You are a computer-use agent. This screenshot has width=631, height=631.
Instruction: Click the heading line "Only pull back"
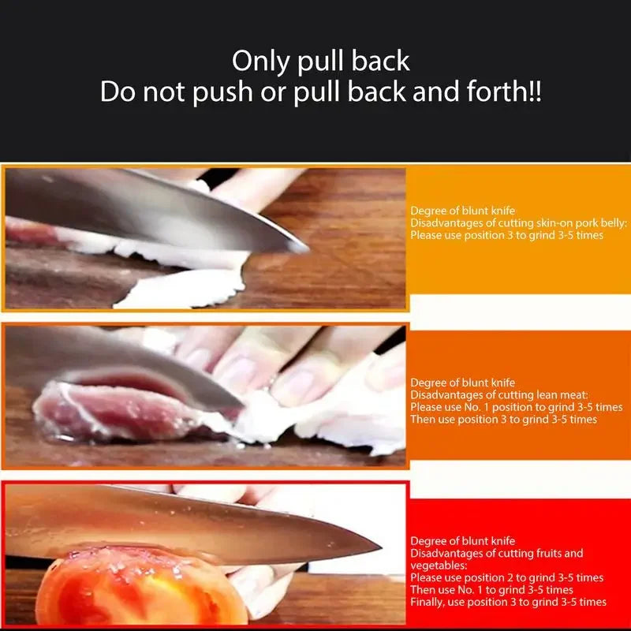(x=320, y=62)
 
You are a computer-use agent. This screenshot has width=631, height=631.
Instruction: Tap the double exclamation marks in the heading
(x=534, y=92)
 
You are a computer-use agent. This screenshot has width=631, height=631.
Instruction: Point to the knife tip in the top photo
(x=304, y=248)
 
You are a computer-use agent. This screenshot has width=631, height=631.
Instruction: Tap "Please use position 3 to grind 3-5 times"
(x=507, y=236)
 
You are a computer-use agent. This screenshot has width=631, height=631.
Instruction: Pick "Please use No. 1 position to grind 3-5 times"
(x=517, y=407)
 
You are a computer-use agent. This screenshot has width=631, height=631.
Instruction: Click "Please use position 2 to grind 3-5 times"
(x=506, y=577)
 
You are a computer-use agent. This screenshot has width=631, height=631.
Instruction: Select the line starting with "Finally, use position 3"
(x=508, y=602)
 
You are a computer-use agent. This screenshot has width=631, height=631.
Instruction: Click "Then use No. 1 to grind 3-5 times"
(x=491, y=590)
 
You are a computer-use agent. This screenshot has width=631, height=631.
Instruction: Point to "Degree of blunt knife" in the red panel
(x=462, y=541)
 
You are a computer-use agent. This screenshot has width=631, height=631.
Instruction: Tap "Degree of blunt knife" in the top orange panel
(x=462, y=211)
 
